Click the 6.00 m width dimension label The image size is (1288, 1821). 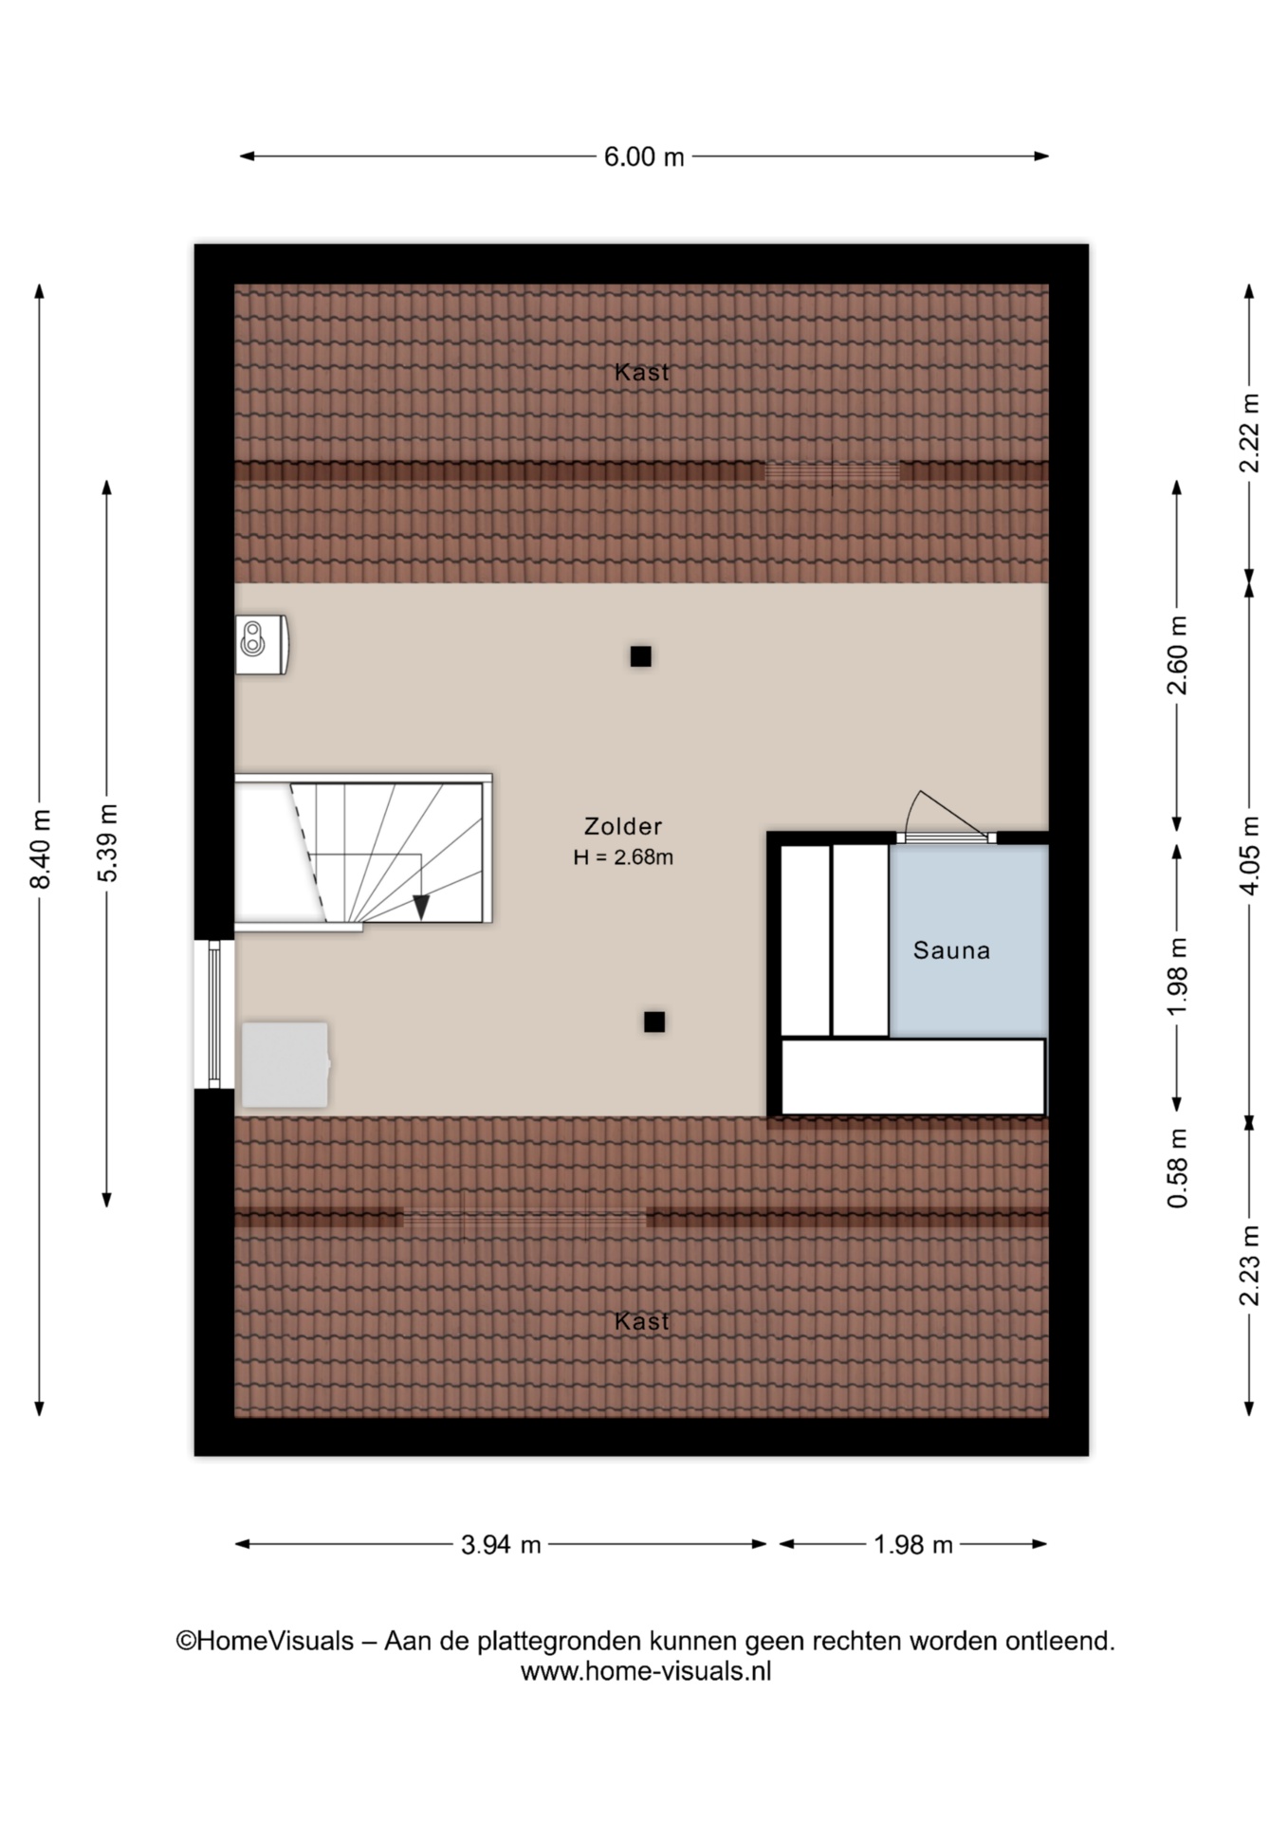click(x=644, y=156)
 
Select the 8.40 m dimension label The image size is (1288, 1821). click(x=41, y=849)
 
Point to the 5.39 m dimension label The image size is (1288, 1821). click(x=108, y=843)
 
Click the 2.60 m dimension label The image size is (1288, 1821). click(x=1177, y=655)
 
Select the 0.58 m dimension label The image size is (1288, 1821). click(x=1177, y=1168)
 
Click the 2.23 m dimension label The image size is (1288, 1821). click(x=1250, y=1265)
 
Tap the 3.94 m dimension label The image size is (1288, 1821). click(x=501, y=1545)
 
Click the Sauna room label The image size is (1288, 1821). click(x=951, y=950)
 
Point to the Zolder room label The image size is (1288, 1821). click(x=623, y=826)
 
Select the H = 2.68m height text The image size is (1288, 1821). click(x=623, y=857)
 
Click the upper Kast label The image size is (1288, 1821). click(x=642, y=372)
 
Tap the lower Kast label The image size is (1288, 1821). click(x=642, y=1321)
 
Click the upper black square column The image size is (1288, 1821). click(x=641, y=656)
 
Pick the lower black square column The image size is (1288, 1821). click(x=654, y=1021)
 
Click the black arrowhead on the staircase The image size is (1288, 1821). click(x=421, y=908)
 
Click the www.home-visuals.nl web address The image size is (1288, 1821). click(x=646, y=1671)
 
